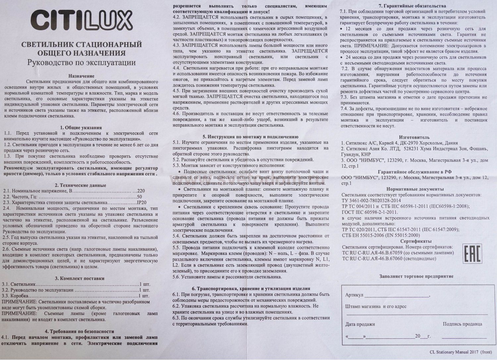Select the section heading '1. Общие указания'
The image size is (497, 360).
click(81, 128)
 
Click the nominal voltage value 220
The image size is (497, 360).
click(141, 191)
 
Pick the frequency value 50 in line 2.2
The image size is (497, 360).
click(139, 197)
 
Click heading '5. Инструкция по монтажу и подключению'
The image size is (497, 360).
click(250, 137)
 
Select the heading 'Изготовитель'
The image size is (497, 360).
click(414, 137)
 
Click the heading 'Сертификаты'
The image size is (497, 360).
click(416, 241)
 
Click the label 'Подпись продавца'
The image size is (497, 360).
click(463, 324)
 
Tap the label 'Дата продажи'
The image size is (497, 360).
click(360, 324)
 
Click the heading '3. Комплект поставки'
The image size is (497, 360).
click(81, 278)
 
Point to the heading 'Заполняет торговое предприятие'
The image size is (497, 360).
click(416, 276)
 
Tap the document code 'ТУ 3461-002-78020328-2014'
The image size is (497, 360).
click(371, 201)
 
